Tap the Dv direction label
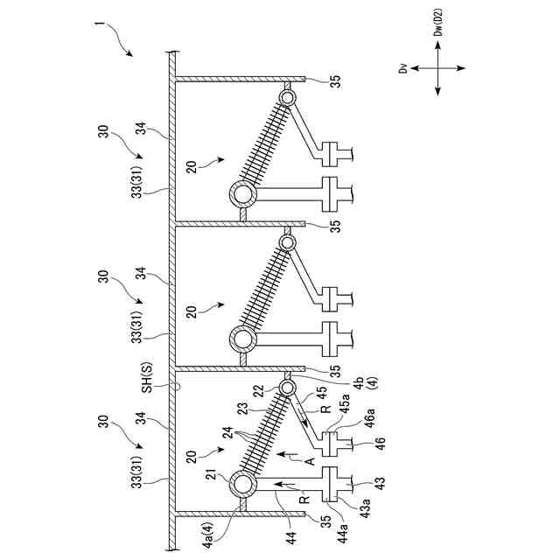tap(403, 67)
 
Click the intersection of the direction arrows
tap(437, 68)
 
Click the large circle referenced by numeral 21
tap(241, 483)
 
